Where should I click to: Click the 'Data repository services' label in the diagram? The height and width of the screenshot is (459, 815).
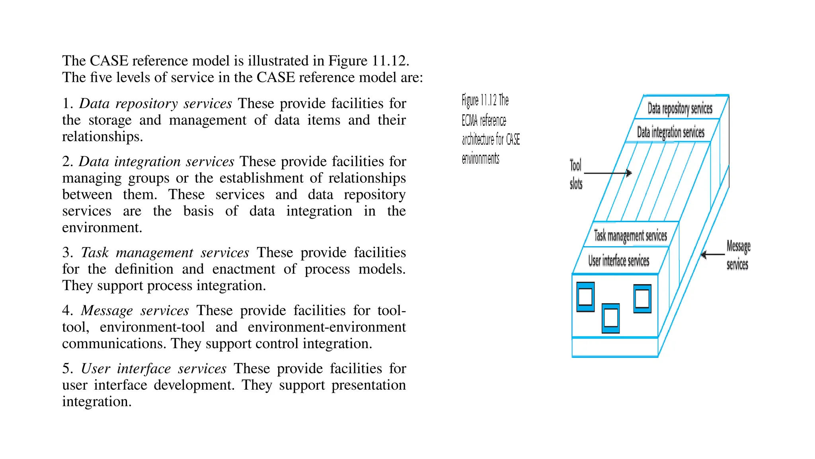(680, 108)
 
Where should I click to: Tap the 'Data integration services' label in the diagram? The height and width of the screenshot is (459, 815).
(671, 132)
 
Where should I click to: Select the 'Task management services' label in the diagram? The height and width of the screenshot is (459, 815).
(630, 235)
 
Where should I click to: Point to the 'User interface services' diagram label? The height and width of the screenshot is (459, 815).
(619, 261)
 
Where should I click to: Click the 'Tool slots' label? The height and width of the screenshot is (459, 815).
(576, 175)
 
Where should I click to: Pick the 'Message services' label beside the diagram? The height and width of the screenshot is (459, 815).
(738, 255)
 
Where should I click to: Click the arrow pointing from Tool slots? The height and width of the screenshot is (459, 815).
(608, 173)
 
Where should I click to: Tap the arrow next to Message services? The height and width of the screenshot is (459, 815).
(712, 254)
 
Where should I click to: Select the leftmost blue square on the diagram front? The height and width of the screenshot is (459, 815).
(585, 297)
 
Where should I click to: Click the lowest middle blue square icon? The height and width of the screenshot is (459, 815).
(611, 318)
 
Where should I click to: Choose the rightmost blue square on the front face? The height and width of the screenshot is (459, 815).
(642, 298)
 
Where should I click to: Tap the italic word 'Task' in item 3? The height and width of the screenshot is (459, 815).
(95, 253)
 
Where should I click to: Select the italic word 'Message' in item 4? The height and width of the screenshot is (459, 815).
(107, 311)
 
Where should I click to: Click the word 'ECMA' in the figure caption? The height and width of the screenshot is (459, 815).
(470, 120)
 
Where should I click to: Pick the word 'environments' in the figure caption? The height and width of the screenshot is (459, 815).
(480, 159)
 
